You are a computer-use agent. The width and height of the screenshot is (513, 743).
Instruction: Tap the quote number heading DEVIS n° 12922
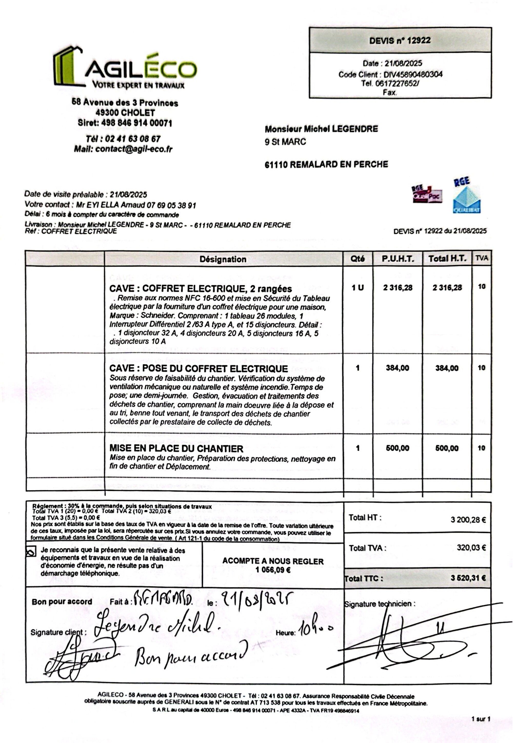click(400, 41)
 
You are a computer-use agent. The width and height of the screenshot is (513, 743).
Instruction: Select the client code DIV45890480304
click(413, 75)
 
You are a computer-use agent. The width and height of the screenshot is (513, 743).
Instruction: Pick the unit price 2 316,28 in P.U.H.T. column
click(398, 288)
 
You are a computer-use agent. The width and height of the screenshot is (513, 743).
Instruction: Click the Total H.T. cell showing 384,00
click(447, 368)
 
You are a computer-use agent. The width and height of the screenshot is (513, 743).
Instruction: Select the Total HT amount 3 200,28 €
click(468, 520)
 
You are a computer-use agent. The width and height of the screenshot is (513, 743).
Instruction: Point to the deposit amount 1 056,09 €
click(273, 570)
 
